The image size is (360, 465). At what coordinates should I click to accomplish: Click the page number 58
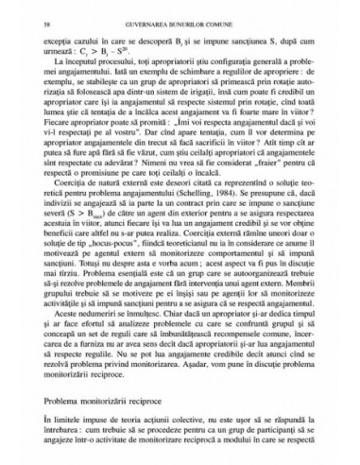[48, 20]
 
